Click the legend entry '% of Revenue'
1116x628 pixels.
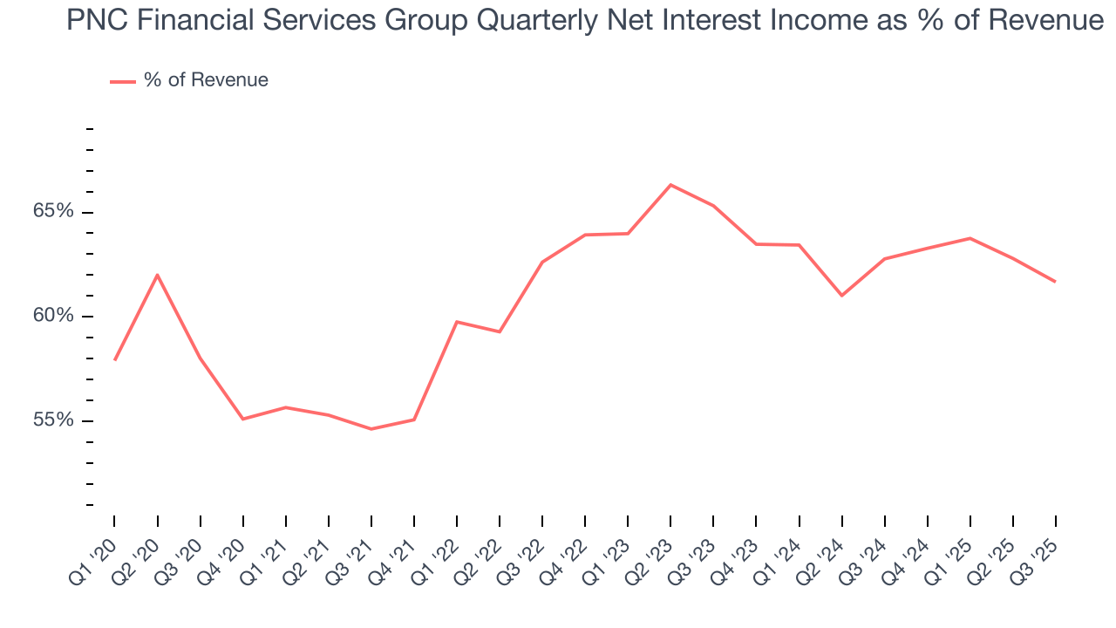206,80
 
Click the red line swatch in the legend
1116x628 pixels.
122,81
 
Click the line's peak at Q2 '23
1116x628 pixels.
670,185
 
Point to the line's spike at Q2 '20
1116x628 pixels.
157,275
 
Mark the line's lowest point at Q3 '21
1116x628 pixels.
371,429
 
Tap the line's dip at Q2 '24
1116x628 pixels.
841,296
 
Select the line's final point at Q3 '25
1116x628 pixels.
1055,282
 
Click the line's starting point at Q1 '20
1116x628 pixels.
114,360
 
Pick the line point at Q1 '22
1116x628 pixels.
457,322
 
